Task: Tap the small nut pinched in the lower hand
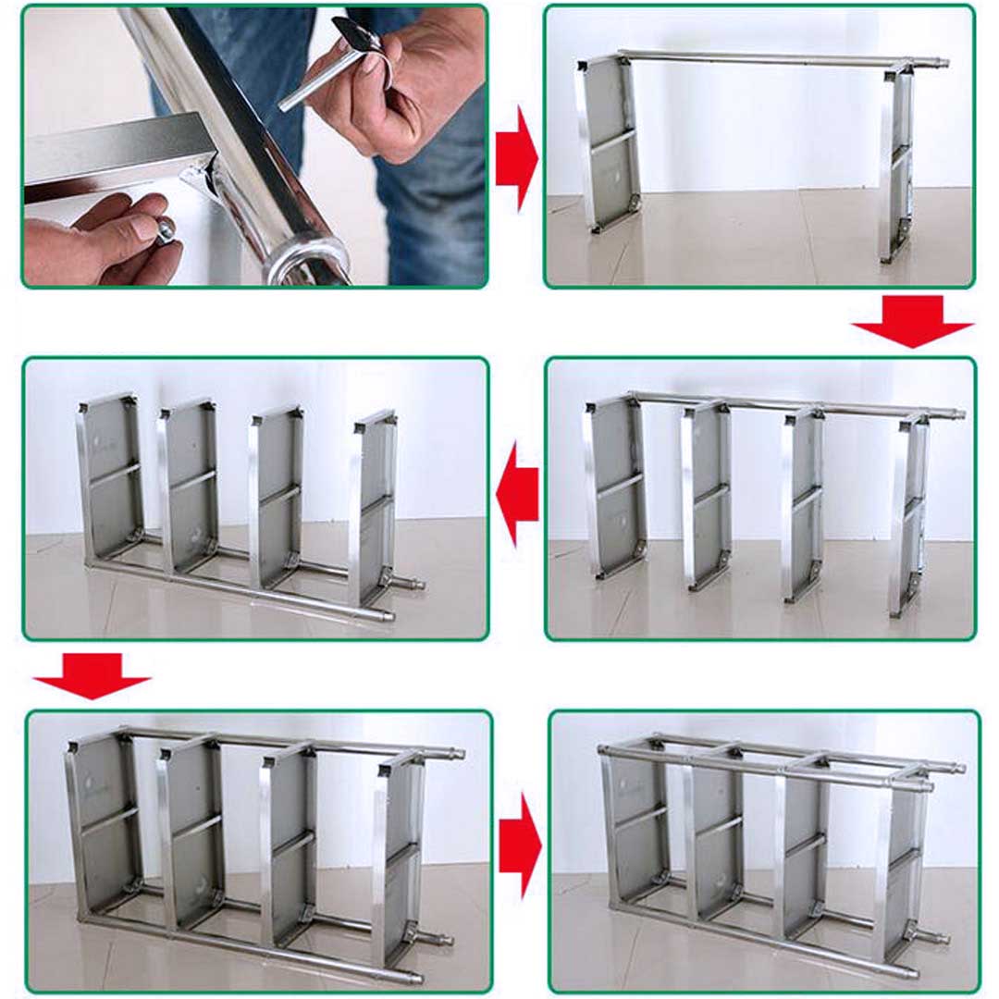point(166,229)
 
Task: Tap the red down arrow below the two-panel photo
point(912,322)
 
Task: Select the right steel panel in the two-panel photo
point(896,162)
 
